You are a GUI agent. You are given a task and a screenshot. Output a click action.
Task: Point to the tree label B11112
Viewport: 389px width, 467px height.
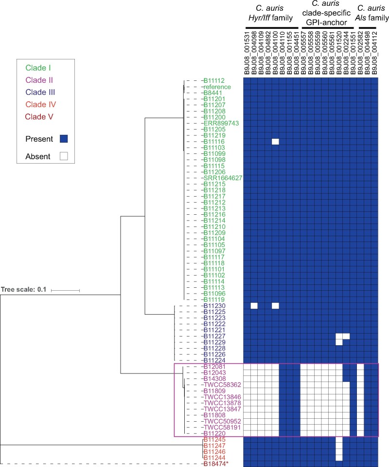point(214,81)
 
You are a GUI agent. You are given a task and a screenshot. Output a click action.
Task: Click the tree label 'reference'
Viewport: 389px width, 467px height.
point(217,87)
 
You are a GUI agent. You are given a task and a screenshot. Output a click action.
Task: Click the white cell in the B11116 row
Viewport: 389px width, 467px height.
point(275,142)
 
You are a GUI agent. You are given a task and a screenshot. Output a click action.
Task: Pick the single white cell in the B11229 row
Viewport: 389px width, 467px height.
point(339,342)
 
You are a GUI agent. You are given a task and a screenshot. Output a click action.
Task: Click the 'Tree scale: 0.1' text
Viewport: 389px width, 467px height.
point(23,289)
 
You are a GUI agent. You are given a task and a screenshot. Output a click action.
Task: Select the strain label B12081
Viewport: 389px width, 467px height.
point(214,366)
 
